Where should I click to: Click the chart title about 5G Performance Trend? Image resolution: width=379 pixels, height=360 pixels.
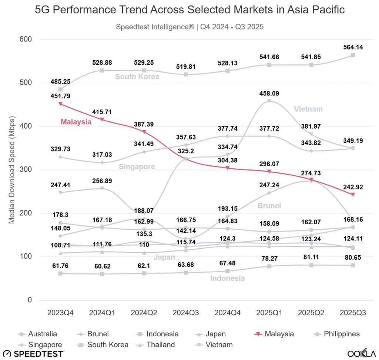tap(189, 10)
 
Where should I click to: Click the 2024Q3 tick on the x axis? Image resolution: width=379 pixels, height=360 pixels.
tap(186, 313)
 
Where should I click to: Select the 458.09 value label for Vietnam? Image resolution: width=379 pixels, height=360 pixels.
tap(269, 93)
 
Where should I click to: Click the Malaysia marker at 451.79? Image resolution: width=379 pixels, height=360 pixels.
tap(60, 104)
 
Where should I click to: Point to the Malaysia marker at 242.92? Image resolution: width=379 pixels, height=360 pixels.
tap(353, 195)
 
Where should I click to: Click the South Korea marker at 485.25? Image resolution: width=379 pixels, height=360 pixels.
tap(60, 90)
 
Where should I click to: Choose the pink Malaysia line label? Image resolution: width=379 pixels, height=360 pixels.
tap(76, 121)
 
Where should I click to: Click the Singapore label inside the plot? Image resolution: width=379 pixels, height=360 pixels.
tap(137, 167)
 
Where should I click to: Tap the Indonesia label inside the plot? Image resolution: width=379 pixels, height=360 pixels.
tap(227, 278)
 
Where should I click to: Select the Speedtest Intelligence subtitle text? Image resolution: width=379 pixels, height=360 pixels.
tap(189, 27)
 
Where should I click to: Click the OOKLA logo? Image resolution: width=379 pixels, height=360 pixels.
tap(360, 354)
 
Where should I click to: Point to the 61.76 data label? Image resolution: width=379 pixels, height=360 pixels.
tap(60, 265)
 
